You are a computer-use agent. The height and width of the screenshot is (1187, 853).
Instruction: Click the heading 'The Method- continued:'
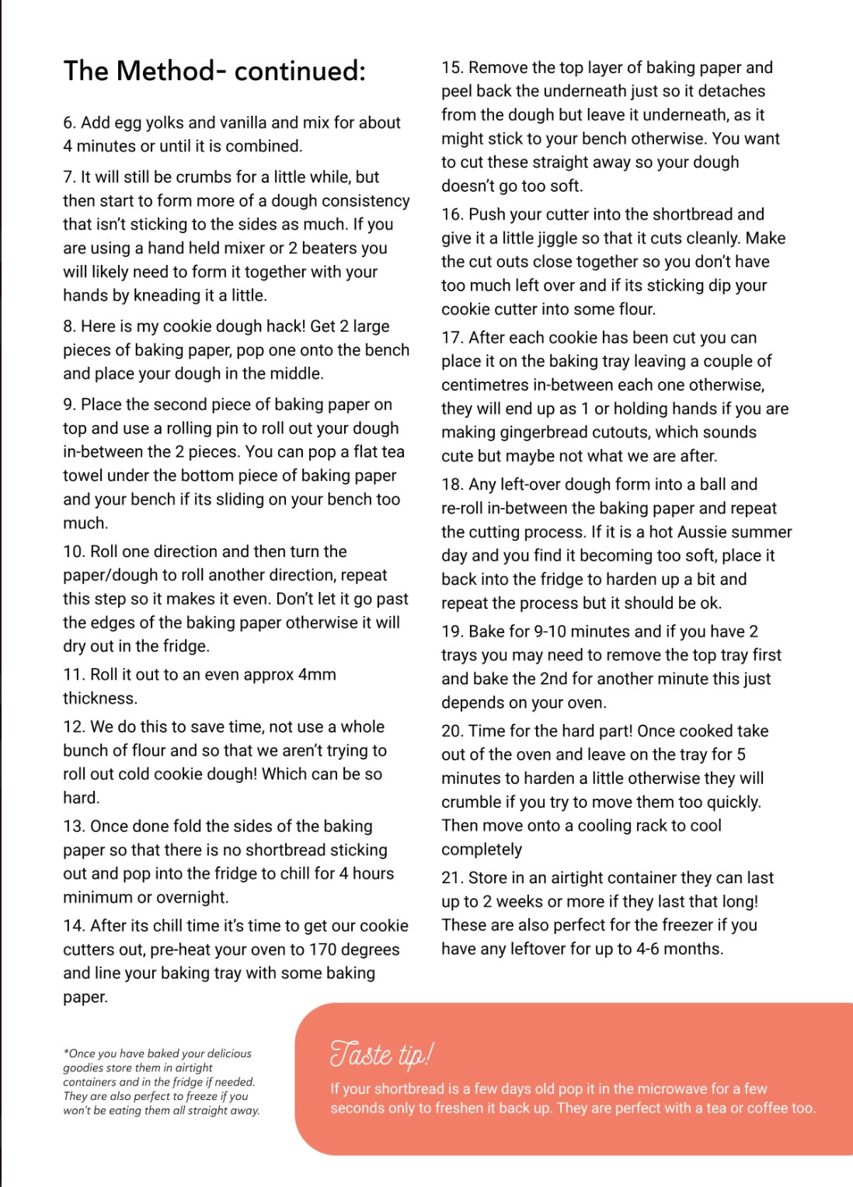pos(214,71)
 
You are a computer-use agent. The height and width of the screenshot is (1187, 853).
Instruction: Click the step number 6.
pos(68,123)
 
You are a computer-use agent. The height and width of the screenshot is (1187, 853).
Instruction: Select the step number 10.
pos(73,552)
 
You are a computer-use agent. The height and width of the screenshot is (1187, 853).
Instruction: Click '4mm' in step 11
pos(317,674)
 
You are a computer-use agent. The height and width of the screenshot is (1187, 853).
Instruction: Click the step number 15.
pos(451,68)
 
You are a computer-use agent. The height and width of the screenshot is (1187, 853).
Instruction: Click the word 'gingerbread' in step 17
pos(531,432)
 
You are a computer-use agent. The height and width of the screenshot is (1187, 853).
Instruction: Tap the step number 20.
pos(451,731)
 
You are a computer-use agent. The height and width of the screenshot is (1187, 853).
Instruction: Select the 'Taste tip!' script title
pos(381,1054)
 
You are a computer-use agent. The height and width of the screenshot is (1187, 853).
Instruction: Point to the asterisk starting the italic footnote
pos(66,1053)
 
